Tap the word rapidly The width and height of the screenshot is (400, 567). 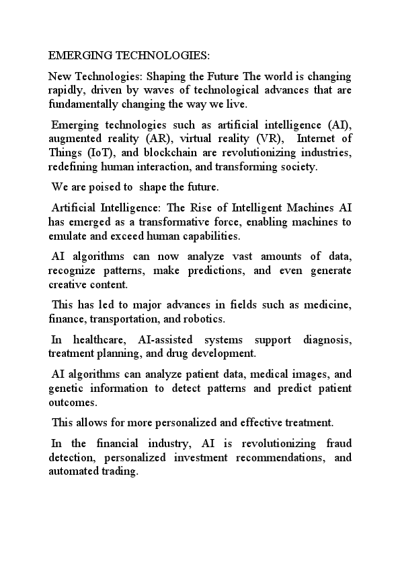tap(66, 90)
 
